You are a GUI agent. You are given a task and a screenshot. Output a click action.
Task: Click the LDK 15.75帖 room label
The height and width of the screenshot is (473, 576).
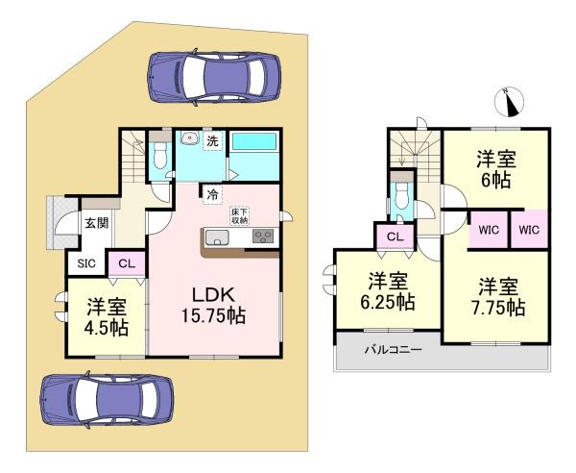click(x=213, y=306)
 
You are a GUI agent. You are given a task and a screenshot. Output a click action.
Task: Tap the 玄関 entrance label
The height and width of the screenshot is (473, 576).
click(x=97, y=223)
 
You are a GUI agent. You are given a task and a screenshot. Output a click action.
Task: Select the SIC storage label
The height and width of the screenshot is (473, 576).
click(x=86, y=263)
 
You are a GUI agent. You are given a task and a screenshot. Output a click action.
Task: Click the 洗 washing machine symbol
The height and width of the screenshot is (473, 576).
click(x=213, y=141)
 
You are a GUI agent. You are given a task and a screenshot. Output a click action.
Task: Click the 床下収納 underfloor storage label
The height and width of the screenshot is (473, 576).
click(x=239, y=216)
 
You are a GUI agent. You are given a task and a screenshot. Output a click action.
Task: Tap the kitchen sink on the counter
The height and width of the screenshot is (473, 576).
click(x=217, y=237)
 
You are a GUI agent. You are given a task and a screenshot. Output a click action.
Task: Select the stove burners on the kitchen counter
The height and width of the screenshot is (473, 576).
click(x=263, y=236)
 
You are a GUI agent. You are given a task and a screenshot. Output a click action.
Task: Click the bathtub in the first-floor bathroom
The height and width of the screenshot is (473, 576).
click(x=254, y=141)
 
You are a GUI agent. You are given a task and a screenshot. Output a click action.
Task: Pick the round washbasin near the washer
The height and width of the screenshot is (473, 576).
click(x=190, y=138)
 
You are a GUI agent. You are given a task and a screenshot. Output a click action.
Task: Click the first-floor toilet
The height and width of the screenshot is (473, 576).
click(x=159, y=155)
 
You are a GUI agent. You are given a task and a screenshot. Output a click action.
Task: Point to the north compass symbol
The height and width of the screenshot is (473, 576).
click(x=509, y=102)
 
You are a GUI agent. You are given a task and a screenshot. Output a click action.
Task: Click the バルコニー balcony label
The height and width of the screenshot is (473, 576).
click(x=393, y=349)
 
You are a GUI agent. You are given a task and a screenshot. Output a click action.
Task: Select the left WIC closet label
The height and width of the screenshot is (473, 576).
click(x=489, y=230)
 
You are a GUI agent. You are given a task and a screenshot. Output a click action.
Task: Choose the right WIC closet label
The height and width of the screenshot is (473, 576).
click(x=529, y=230)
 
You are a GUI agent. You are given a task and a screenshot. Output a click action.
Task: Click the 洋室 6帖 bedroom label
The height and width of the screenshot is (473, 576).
click(x=496, y=169)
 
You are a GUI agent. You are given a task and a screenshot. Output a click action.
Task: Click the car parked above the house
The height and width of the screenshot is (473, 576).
click(x=214, y=77)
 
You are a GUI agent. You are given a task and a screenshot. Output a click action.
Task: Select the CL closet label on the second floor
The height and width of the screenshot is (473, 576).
click(x=395, y=236)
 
